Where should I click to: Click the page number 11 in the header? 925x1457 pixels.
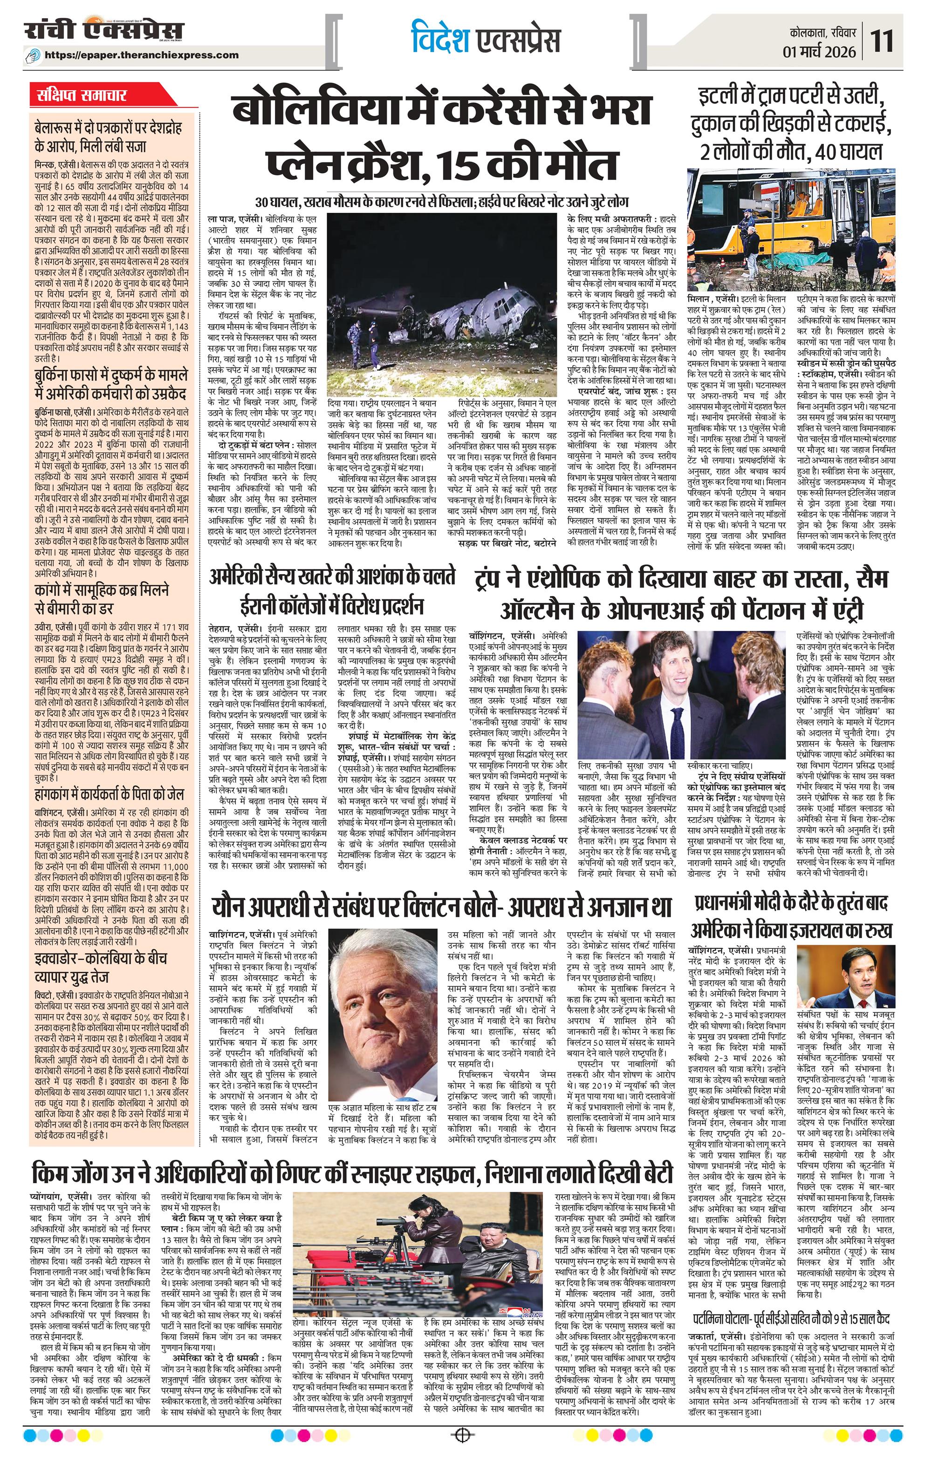(883, 42)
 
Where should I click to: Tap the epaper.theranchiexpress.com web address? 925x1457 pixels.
(150, 55)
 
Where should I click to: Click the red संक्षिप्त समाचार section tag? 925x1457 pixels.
(79, 95)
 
